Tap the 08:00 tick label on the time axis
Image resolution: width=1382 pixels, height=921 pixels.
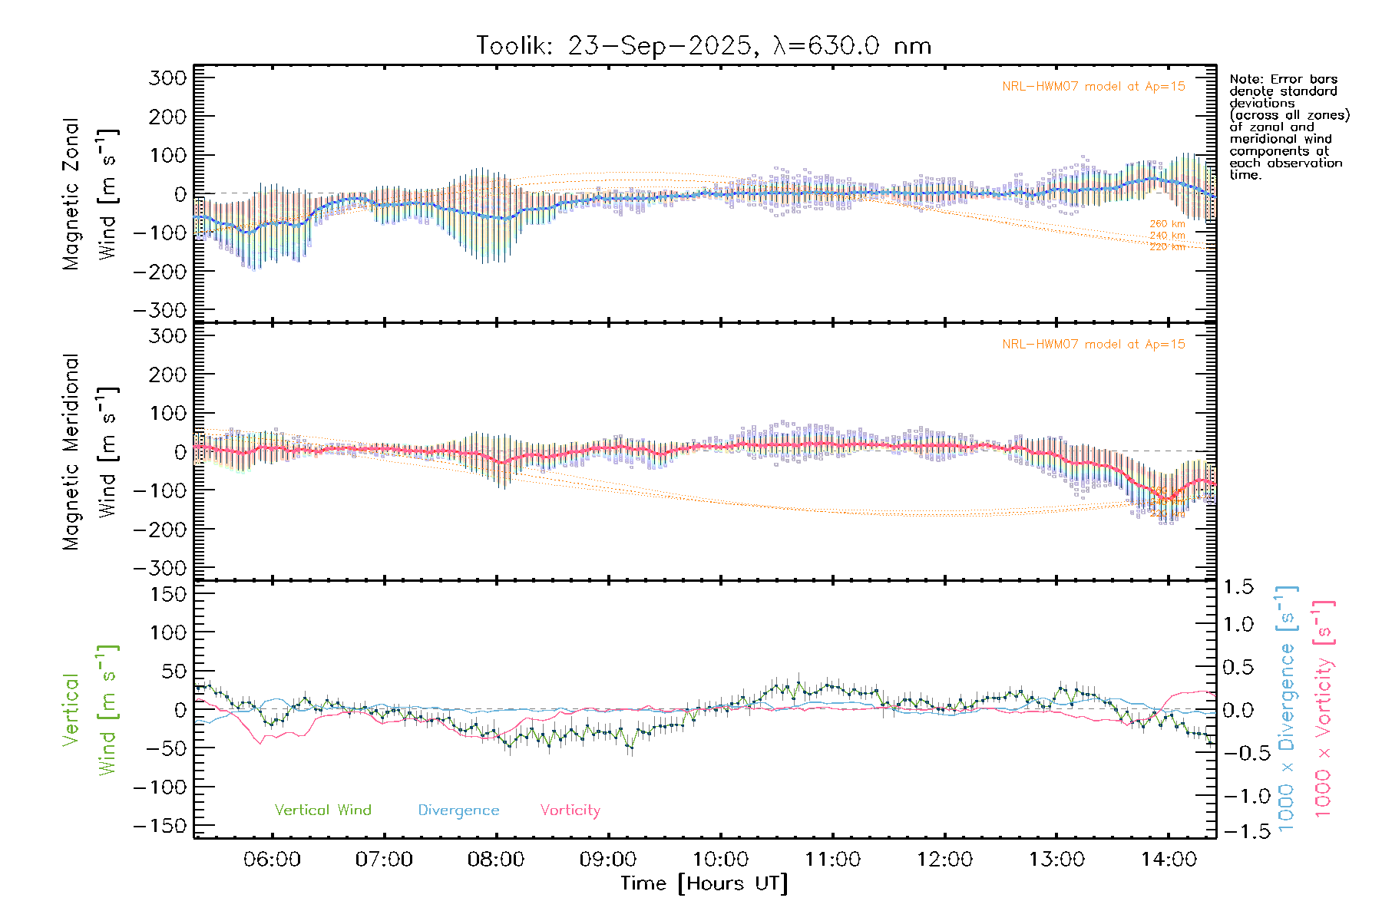[x=496, y=860]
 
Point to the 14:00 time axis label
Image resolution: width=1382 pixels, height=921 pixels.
[x=1169, y=860]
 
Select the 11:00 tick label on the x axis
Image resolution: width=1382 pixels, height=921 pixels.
[x=832, y=860]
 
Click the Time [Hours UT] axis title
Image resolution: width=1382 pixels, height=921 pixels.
[x=704, y=884]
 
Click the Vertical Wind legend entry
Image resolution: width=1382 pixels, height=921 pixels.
[x=322, y=810]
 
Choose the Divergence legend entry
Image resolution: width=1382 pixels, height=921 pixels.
[x=458, y=810]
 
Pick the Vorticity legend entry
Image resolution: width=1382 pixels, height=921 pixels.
[x=570, y=810]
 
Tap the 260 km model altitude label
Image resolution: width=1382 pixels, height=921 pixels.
[x=1167, y=224]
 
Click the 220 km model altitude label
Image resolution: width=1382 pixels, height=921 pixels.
[x=1167, y=247]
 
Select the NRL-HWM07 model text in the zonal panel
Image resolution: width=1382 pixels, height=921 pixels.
[x=1093, y=87]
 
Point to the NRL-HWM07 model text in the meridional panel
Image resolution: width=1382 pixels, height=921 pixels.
[x=1093, y=345]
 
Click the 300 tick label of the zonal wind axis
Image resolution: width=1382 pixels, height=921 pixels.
[x=168, y=78]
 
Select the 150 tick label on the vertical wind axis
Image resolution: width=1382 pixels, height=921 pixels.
[x=168, y=594]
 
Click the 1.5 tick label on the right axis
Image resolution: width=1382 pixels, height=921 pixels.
[x=1238, y=587]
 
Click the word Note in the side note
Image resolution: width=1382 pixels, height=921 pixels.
[x=1243, y=79]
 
